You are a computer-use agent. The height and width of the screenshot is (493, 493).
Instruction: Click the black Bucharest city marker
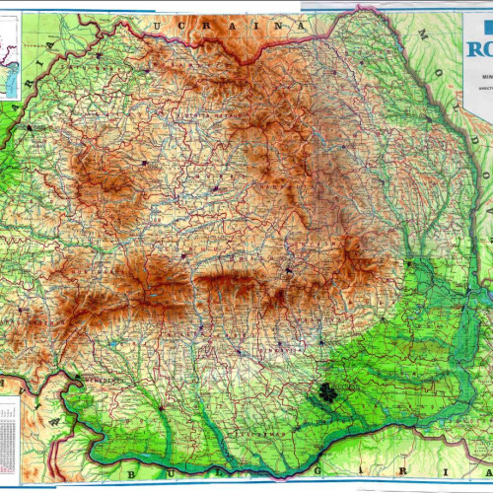322,398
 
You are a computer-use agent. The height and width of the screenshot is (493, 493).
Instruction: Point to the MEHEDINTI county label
104,380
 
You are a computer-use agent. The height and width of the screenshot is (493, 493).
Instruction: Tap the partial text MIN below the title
483,74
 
